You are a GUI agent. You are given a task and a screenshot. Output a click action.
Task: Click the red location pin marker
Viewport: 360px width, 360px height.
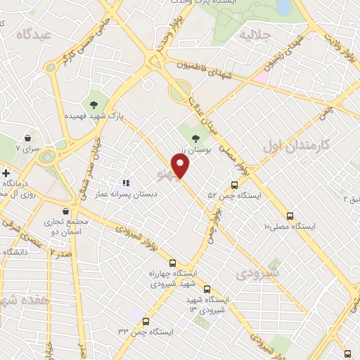[181, 166]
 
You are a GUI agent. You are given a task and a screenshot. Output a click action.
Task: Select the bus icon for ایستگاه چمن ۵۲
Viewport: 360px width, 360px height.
[235, 186]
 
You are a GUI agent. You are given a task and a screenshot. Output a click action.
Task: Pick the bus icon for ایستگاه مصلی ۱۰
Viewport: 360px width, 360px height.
[290, 216]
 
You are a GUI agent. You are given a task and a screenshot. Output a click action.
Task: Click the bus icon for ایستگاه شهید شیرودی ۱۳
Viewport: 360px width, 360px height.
[207, 288]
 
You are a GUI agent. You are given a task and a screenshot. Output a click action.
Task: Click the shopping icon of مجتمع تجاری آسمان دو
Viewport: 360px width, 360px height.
[65, 211]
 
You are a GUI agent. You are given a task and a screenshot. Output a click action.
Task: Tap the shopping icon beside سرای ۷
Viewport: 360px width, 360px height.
[27, 139]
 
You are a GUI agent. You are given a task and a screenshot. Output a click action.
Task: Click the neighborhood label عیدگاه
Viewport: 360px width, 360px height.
[35, 34]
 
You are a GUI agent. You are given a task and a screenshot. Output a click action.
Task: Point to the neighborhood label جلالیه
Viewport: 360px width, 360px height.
[255, 34]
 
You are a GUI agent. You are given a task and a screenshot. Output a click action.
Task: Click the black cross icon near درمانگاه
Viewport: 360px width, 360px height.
[6, 172]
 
